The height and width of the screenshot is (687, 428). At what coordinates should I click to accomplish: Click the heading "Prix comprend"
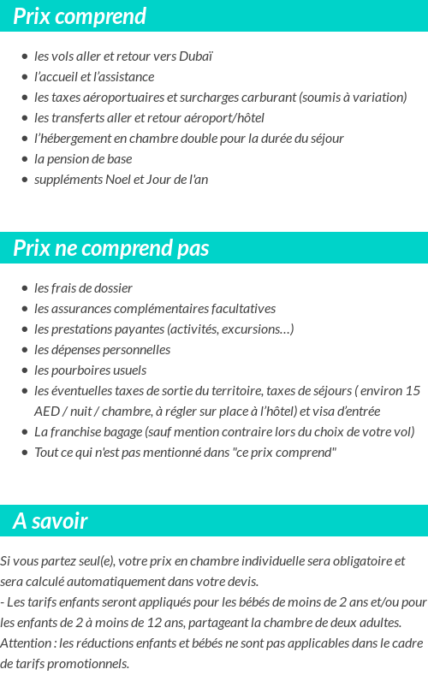click(80, 16)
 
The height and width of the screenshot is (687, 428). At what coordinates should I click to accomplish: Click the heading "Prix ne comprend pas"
click(110, 248)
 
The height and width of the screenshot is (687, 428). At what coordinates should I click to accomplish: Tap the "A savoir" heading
click(50, 521)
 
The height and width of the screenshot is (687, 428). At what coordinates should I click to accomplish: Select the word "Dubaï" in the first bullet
click(196, 56)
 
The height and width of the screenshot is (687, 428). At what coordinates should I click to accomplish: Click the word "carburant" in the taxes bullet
click(270, 98)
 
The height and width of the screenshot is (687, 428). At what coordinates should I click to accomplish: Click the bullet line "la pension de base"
click(83, 159)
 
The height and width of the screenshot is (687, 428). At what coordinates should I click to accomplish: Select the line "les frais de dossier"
click(83, 288)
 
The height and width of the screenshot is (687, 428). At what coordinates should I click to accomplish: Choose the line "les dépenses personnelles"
click(102, 350)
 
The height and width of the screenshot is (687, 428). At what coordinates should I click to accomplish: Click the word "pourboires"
click(80, 370)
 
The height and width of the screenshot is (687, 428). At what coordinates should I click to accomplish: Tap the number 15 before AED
click(413, 391)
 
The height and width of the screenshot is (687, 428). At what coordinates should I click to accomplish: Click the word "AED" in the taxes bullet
click(47, 412)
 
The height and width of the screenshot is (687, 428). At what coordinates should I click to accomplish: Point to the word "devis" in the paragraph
click(242, 582)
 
